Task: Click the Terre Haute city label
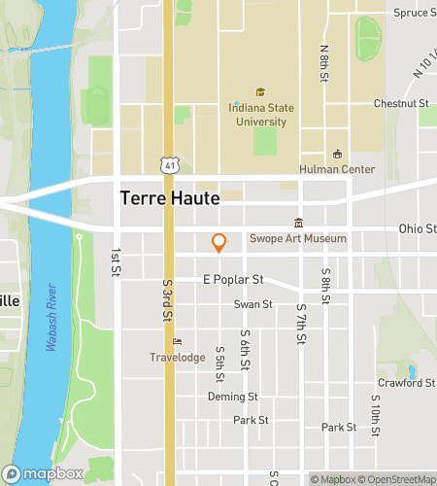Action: click(x=170, y=197)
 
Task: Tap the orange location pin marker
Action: click(x=219, y=242)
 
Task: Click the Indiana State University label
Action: click(x=260, y=116)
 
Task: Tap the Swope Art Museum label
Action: click(x=297, y=239)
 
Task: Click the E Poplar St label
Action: click(x=233, y=279)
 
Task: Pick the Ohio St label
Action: click(x=417, y=229)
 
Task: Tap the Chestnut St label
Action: click(x=401, y=103)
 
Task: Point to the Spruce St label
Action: click(x=414, y=14)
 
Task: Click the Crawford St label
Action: click(x=406, y=383)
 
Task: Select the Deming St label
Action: click(x=232, y=397)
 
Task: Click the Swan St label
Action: click(x=252, y=304)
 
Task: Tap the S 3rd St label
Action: click(x=167, y=301)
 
